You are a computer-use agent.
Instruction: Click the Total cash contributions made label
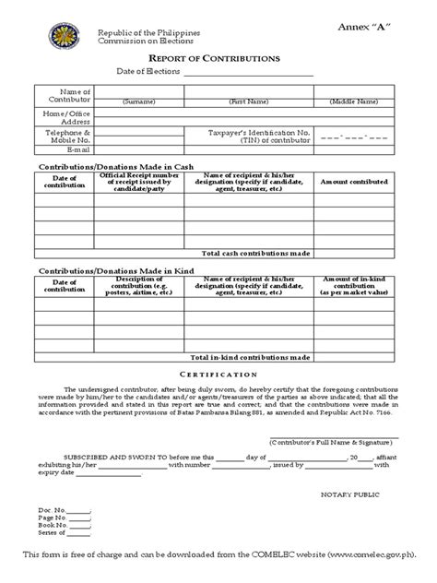(256, 252)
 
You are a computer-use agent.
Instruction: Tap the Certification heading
(218, 375)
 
